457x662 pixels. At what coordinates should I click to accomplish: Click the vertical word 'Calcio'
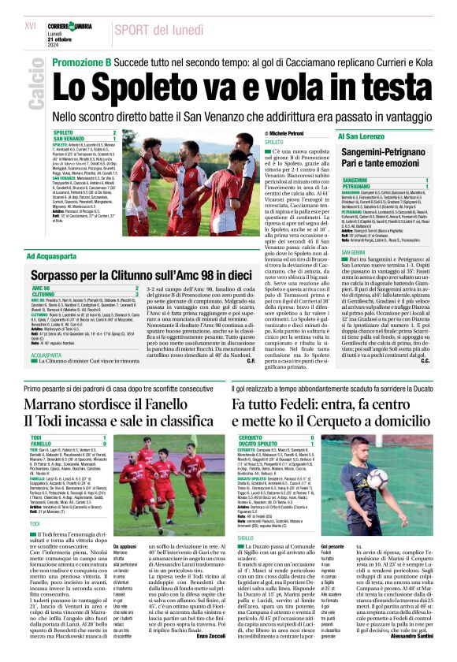[x=35, y=87]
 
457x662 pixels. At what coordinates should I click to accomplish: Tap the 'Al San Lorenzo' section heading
[x=363, y=136]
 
